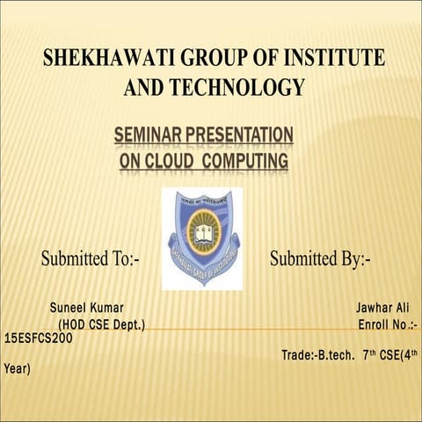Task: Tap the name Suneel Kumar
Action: click(x=91, y=309)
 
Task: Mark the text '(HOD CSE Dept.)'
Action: click(x=101, y=325)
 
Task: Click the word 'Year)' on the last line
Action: click(x=18, y=369)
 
